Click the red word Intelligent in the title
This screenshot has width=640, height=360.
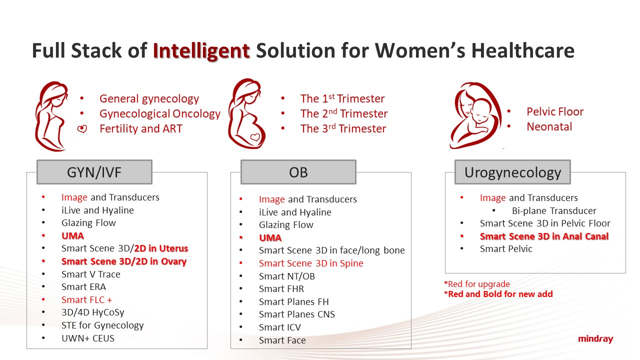tap(201, 51)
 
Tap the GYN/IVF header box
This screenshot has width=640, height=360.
tap(94, 172)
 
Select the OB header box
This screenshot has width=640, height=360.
tap(298, 172)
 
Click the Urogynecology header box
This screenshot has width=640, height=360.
tap(512, 172)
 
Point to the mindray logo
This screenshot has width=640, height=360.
tap(595, 339)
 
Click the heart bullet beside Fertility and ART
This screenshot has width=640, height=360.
tap(82, 129)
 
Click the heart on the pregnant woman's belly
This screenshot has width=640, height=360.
tap(255, 137)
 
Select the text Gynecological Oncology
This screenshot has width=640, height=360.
tap(160, 113)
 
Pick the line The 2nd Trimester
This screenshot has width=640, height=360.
tap(344, 113)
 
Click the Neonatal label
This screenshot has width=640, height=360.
tap(549, 126)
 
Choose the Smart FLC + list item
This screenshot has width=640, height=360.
tap(87, 299)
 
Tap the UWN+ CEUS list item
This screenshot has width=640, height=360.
tap(88, 338)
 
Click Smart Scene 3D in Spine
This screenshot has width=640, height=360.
tap(311, 263)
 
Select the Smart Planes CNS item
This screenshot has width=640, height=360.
tap(297, 314)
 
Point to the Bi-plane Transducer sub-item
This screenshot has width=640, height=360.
tap(554, 210)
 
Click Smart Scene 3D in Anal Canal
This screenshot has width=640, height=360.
tap(544, 236)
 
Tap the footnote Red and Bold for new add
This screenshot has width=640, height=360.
tap(498, 294)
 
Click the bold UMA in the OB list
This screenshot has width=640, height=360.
tap(270, 237)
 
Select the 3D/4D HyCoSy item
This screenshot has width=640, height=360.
tap(93, 312)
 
